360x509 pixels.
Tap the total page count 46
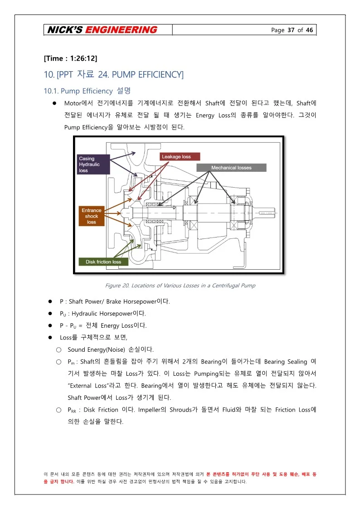coord(309,30)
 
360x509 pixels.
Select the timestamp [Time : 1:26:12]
coord(70,58)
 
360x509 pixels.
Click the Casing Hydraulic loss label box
coord(93,165)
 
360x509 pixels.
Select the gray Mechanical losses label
coord(231,168)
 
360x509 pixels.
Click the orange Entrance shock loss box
coord(92,216)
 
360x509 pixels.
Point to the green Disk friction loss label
coord(103,262)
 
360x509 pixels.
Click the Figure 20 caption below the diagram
coord(180,286)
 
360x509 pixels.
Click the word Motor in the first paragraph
coord(73,102)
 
